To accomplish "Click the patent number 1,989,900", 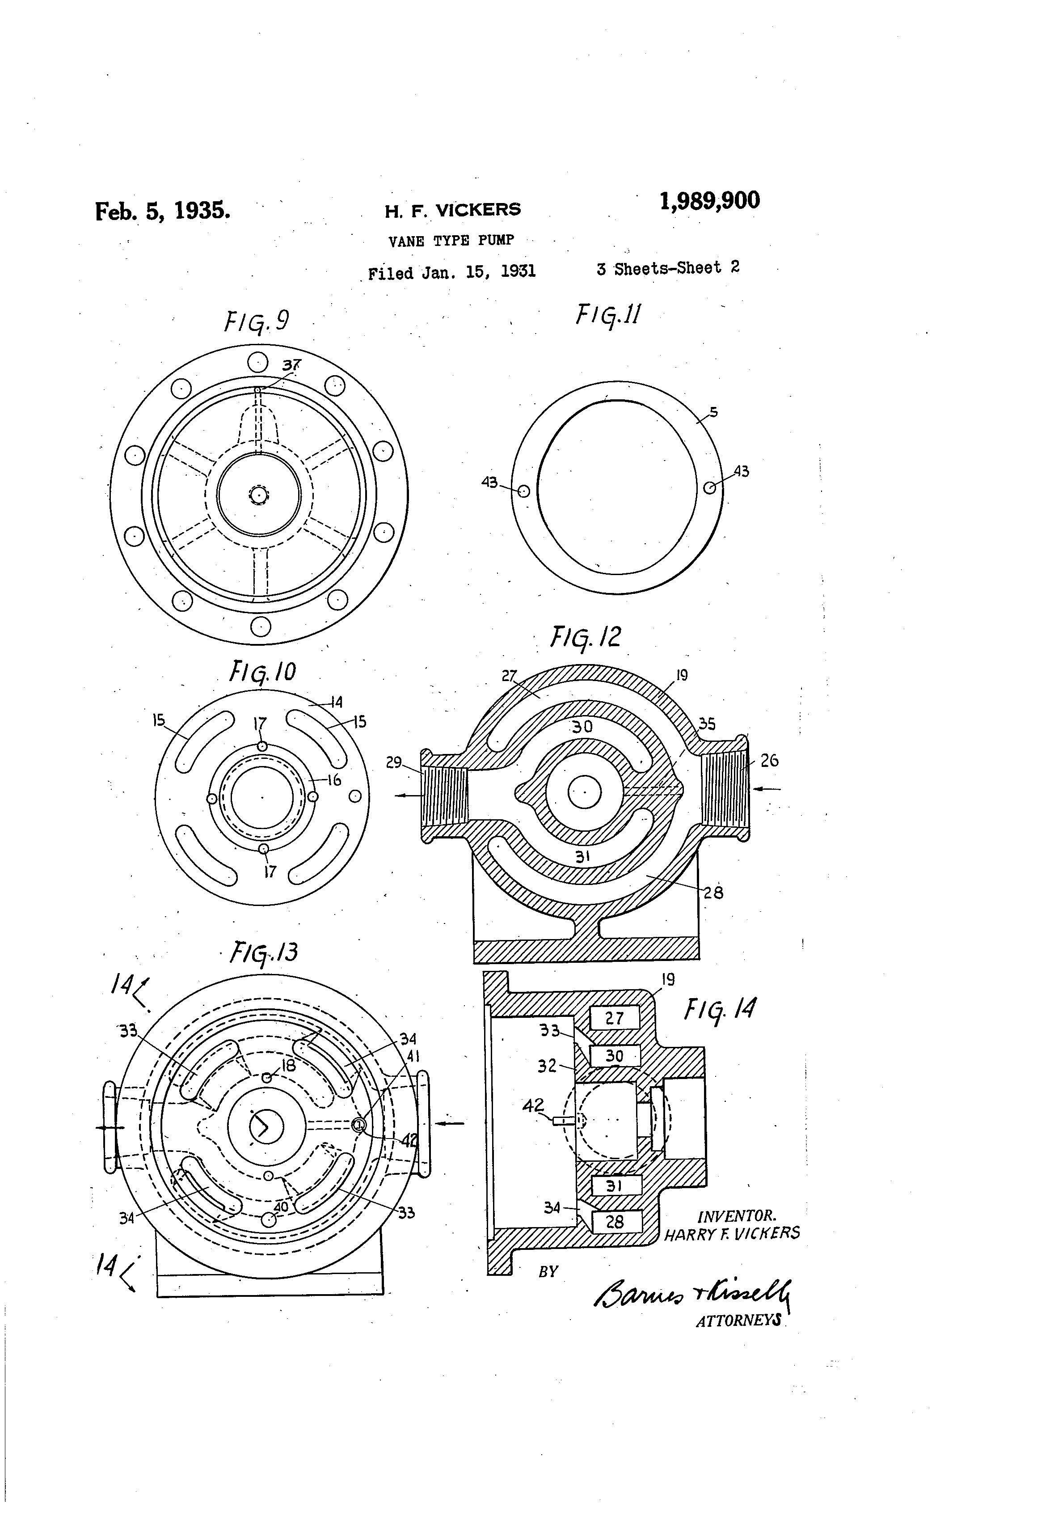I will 710,200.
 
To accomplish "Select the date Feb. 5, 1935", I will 163,211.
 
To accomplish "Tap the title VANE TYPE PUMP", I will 451,241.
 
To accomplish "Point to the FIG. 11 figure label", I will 607,315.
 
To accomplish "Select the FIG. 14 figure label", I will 720,1009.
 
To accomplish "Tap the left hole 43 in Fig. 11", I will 523,491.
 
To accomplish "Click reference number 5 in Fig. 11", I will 713,412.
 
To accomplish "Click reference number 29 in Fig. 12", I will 393,762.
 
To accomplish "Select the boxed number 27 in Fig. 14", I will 614,1018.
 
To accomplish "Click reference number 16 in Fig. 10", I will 334,780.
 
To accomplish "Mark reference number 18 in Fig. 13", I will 288,1066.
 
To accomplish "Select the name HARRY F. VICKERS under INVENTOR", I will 732,1233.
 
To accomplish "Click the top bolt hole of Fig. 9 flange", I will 257,362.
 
